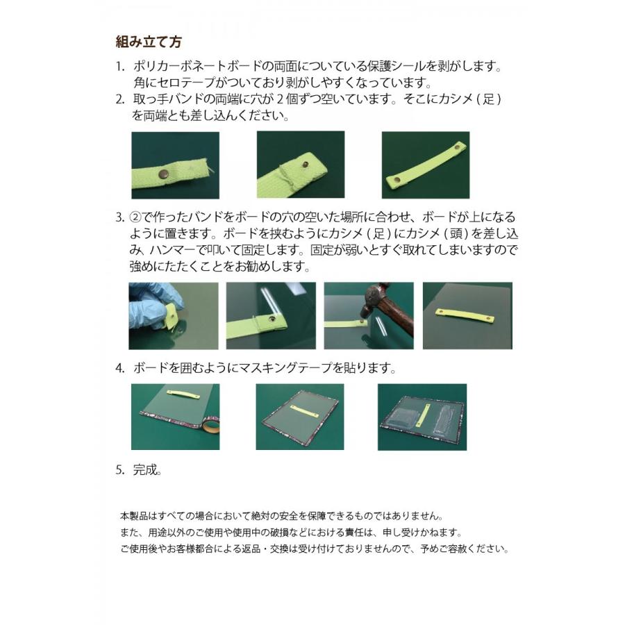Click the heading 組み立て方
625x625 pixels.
coord(148,42)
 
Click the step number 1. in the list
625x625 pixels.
coord(120,67)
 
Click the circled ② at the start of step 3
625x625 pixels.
coord(137,217)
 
